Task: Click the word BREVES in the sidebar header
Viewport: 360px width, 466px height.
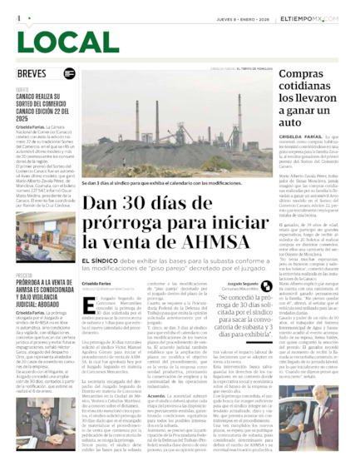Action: [32, 73]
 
